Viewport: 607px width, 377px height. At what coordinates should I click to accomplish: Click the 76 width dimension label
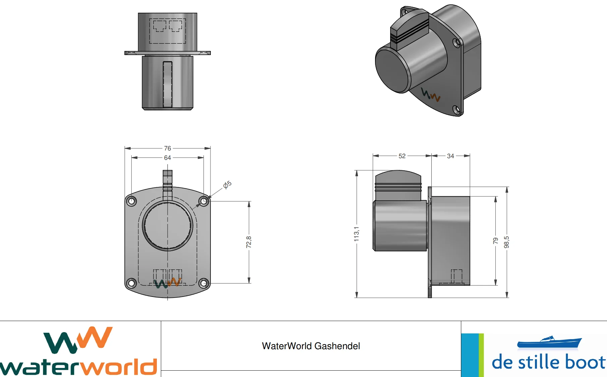pyautogui.click(x=167, y=148)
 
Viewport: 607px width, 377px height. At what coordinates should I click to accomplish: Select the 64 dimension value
pyautogui.click(x=167, y=158)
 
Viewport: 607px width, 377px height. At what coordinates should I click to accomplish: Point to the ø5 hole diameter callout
pyautogui.click(x=227, y=185)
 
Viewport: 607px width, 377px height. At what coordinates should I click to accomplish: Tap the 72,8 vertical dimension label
pyautogui.click(x=248, y=242)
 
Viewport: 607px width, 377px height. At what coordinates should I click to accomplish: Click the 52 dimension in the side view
pyautogui.click(x=402, y=156)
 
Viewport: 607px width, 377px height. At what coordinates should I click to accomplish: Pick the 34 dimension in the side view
pyautogui.click(x=450, y=156)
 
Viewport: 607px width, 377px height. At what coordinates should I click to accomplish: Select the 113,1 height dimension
pyautogui.click(x=356, y=234)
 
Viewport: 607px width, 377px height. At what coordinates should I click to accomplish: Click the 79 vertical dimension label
pyautogui.click(x=495, y=241)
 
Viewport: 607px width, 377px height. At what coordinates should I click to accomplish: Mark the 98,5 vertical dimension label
pyautogui.click(x=506, y=242)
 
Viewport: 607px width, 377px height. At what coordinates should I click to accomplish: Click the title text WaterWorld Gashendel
pyautogui.click(x=311, y=346)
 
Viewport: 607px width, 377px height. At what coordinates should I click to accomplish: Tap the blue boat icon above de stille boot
pyautogui.click(x=549, y=342)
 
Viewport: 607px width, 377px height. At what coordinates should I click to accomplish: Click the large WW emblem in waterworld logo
pyautogui.click(x=78, y=340)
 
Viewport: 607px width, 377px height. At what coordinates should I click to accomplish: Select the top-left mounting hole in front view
pyautogui.click(x=131, y=201)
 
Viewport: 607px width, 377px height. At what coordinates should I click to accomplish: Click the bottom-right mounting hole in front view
pyautogui.click(x=204, y=283)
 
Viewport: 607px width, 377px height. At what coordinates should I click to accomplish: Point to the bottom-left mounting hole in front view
pyautogui.click(x=131, y=283)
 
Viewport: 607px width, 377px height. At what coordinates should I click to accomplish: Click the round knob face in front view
pyautogui.click(x=167, y=226)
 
